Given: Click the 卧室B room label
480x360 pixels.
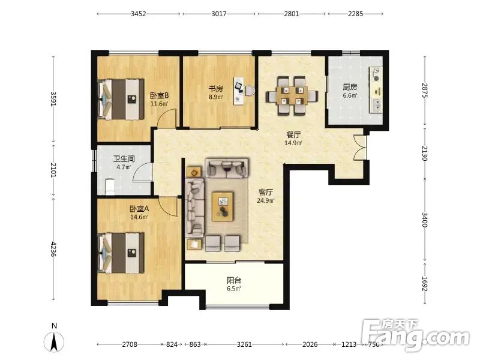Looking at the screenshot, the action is click(x=159, y=95).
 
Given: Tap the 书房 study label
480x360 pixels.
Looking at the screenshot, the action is click(x=216, y=89).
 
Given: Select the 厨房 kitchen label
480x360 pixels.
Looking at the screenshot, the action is click(x=350, y=87).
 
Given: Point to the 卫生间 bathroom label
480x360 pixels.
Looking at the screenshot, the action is click(x=124, y=158).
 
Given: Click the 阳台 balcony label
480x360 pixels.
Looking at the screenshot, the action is click(x=234, y=280).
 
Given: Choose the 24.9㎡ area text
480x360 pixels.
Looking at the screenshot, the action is click(x=266, y=201).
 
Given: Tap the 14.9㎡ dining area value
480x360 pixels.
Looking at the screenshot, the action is click(x=293, y=143).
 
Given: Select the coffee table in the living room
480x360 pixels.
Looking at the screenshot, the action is click(x=223, y=206).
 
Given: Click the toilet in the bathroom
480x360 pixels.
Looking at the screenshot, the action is click(x=110, y=187).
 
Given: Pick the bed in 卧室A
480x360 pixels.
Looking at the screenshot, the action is click(x=121, y=253).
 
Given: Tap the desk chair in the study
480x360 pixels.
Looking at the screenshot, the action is click(x=250, y=91).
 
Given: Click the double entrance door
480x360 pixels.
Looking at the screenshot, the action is click(x=360, y=148).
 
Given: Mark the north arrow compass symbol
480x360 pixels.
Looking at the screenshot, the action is click(x=54, y=340).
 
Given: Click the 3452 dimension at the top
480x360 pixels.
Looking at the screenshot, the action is click(x=139, y=14).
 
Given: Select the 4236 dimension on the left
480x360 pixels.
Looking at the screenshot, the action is click(x=53, y=249).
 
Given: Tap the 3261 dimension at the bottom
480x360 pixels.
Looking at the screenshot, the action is click(x=244, y=344).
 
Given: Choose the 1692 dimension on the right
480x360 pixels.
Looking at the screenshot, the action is click(x=425, y=284).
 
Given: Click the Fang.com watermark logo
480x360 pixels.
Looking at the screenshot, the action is click(x=415, y=335).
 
